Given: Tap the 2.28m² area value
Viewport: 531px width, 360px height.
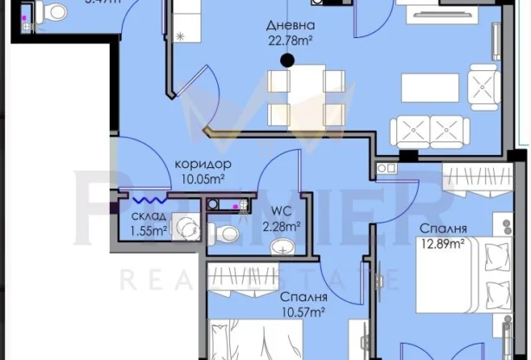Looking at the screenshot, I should click(x=282, y=228).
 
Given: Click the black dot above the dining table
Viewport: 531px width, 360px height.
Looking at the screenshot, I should click(x=287, y=60).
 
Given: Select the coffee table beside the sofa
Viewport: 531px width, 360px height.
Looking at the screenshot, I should click(x=429, y=87).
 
